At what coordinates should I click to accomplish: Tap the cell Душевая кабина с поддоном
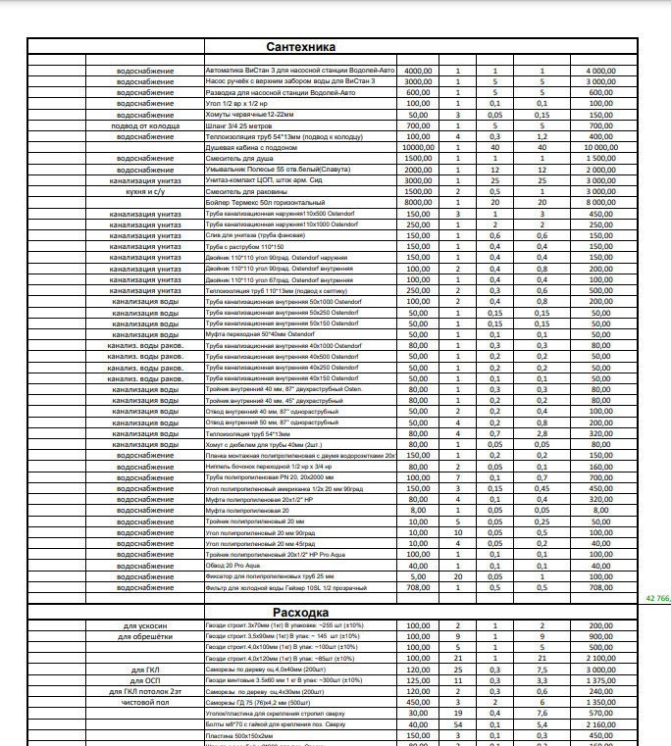tap(244, 146)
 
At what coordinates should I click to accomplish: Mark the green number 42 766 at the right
tap(656, 597)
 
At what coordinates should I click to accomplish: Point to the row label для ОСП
tap(145, 680)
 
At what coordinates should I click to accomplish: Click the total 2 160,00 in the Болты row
tap(600, 723)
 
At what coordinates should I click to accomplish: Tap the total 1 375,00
tap(600, 680)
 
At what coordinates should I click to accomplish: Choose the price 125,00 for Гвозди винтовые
tap(419, 680)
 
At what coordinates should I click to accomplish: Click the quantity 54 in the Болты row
tap(457, 723)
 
